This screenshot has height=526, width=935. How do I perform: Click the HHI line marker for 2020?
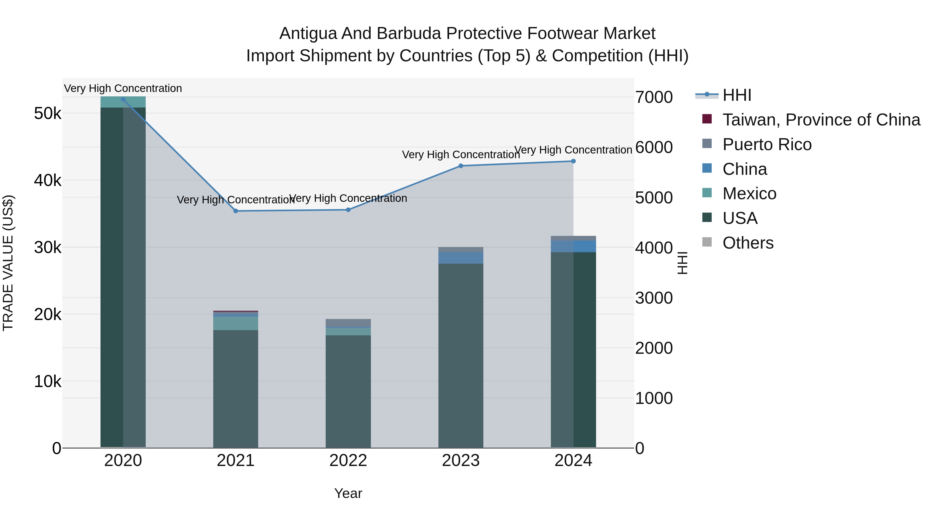pyautogui.click(x=123, y=99)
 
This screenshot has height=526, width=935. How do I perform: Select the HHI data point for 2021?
pyautogui.click(x=236, y=211)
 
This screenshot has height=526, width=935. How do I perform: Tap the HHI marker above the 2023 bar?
pyautogui.click(x=460, y=166)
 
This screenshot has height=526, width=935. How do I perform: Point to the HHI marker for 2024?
pyautogui.click(x=573, y=161)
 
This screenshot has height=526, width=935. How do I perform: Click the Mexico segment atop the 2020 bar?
pyautogui.click(x=123, y=103)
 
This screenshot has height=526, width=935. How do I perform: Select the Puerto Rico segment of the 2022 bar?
pyautogui.click(x=348, y=323)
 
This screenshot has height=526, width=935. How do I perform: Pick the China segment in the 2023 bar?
pyautogui.click(x=460, y=258)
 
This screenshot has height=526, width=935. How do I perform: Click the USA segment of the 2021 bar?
pyautogui.click(x=236, y=388)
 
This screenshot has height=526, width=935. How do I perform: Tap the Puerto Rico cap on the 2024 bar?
pyautogui.click(x=573, y=238)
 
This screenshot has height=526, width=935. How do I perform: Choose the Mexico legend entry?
pyautogui.click(x=749, y=194)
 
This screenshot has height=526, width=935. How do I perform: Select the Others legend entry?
pyautogui.click(x=748, y=243)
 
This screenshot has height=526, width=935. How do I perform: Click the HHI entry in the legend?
pyautogui.click(x=737, y=95)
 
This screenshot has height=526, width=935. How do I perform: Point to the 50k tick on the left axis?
pyautogui.click(x=48, y=114)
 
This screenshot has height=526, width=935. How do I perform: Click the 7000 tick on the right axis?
pyautogui.click(x=654, y=97)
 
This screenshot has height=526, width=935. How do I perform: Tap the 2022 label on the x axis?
pyautogui.click(x=348, y=461)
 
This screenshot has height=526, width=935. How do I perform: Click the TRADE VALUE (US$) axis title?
pyautogui.click(x=8, y=263)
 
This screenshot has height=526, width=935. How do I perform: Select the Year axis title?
pyautogui.click(x=348, y=493)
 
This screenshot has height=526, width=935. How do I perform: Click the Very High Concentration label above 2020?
pyautogui.click(x=123, y=88)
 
